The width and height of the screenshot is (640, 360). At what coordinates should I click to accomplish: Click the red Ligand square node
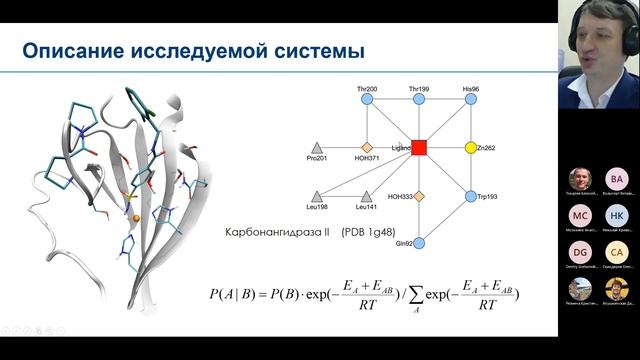(419, 147)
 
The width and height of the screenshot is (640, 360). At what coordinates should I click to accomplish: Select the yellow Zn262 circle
(470, 147)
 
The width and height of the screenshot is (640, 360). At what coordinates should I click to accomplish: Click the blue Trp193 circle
(470, 196)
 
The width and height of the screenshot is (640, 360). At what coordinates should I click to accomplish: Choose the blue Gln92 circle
(419, 242)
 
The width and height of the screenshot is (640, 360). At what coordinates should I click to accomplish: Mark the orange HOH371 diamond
(366, 147)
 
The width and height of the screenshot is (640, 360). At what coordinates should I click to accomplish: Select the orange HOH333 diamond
(419, 196)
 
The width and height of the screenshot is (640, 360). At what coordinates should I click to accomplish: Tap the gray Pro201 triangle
(317, 147)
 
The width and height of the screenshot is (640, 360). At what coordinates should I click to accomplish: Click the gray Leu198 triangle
(317, 195)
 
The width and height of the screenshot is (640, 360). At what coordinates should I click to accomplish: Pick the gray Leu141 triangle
(366, 195)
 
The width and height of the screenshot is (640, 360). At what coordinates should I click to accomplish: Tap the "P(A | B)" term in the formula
(237, 293)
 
